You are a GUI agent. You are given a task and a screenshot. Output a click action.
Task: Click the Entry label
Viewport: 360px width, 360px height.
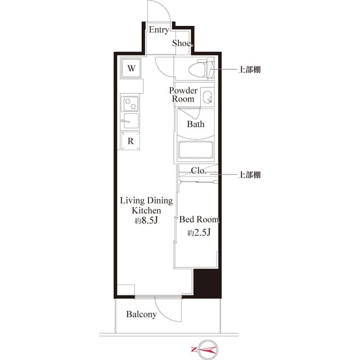pyautogui.click(x=158, y=30)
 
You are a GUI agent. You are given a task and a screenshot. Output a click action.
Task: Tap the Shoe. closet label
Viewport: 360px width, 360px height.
pyautogui.click(x=182, y=43)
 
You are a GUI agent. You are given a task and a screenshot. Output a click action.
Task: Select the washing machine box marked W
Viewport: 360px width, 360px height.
pyautogui.click(x=130, y=69)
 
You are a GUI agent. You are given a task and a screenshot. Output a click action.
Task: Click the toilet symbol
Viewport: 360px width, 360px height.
pyautogui.click(x=204, y=69)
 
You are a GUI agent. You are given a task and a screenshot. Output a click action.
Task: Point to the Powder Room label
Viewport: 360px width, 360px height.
pyautogui.click(x=183, y=94)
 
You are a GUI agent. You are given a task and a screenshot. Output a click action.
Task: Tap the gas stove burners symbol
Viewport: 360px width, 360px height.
pyautogui.click(x=130, y=103)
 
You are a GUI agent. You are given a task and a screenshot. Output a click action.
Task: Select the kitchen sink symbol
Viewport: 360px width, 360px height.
pyautogui.click(x=130, y=121)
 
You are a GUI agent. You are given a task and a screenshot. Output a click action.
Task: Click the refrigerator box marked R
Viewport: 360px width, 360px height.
pyautogui.click(x=130, y=141)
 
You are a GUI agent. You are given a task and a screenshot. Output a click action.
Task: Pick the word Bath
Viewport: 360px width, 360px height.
pyautogui.click(x=196, y=124)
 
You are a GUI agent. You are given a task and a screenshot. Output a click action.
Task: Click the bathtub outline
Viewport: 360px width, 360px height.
pyautogui.click(x=196, y=151)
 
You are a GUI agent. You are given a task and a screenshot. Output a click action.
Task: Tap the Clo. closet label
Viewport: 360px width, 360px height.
pyautogui.click(x=198, y=170)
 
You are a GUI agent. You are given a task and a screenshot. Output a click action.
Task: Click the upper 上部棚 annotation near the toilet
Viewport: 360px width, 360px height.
pyautogui.click(x=249, y=70)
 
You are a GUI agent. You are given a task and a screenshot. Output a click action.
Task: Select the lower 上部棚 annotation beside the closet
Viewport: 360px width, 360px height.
pyautogui.click(x=249, y=175)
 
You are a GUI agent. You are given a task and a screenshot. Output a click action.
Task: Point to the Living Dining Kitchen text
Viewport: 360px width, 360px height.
pyautogui.click(x=146, y=205)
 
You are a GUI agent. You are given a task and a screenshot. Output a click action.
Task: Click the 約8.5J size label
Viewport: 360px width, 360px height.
pyautogui.click(x=146, y=221)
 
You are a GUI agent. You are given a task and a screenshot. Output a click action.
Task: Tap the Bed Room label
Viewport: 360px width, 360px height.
pyautogui.click(x=199, y=219)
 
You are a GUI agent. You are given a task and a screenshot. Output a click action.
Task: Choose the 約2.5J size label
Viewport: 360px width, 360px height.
pyautogui.click(x=199, y=233)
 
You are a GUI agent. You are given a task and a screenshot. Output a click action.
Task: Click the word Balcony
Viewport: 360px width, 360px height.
pyautogui.click(x=141, y=314)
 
